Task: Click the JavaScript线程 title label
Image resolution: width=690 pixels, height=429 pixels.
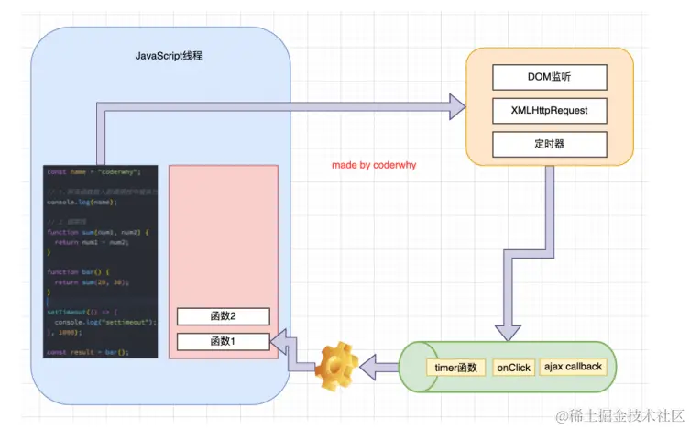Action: pyautogui.click(x=169, y=56)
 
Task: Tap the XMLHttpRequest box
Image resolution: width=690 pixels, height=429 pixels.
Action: pyautogui.click(x=549, y=111)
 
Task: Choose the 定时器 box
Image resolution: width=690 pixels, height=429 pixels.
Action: pyautogui.click(x=549, y=144)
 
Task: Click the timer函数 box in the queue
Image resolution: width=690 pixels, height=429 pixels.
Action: pyautogui.click(x=456, y=368)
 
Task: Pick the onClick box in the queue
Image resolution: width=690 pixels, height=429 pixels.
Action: pyautogui.click(x=514, y=368)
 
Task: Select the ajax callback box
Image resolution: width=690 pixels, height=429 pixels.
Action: pyautogui.click(x=573, y=367)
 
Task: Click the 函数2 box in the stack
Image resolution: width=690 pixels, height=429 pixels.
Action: pyautogui.click(x=224, y=316)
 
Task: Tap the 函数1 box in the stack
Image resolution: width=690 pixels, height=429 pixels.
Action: pyautogui.click(x=224, y=342)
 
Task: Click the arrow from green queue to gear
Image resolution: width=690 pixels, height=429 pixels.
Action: pyautogui.click(x=378, y=368)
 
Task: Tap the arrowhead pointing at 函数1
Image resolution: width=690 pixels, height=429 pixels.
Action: pyautogui.click(x=279, y=342)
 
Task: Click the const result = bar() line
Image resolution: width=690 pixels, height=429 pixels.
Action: pyautogui.click(x=88, y=351)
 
